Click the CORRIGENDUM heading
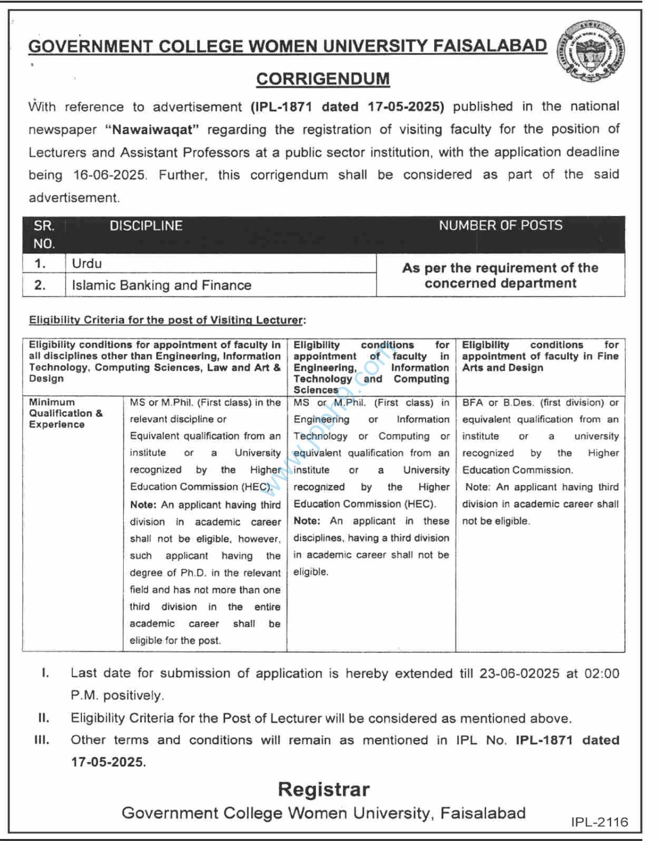[x=323, y=79]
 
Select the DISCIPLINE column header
[x=146, y=226]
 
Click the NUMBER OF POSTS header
[x=500, y=225]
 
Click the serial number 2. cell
[x=41, y=285]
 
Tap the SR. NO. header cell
[x=44, y=234]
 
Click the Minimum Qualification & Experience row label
[x=65, y=413]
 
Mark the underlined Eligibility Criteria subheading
[x=167, y=320]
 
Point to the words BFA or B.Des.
[x=495, y=403]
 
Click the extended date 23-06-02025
[x=519, y=674]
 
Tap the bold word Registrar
[x=323, y=789]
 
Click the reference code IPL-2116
[x=600, y=822]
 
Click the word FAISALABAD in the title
[x=489, y=46]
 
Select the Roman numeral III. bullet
[x=42, y=740]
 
